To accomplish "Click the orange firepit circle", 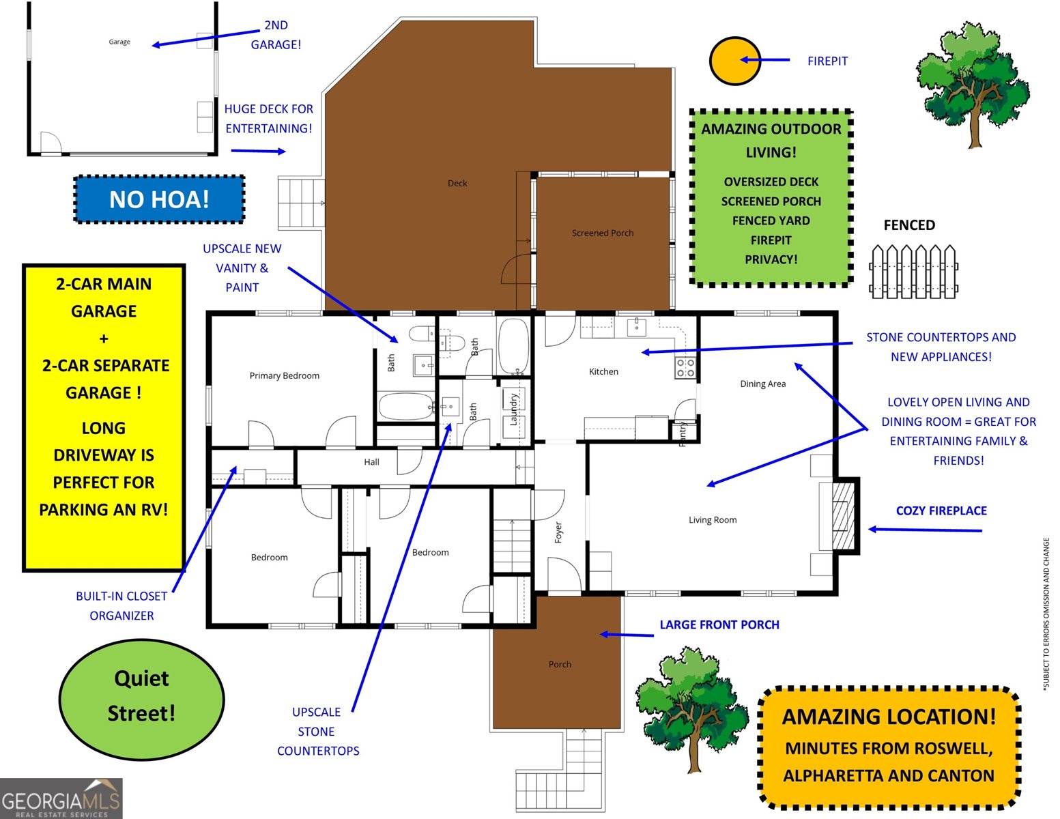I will click(x=734, y=61).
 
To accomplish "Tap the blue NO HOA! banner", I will click(x=159, y=199).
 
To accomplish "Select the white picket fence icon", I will click(x=914, y=272).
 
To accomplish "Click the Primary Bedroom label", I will click(x=284, y=375).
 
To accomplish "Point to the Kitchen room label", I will click(x=603, y=371).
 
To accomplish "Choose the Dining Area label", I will click(x=762, y=384).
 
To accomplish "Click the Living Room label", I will click(x=713, y=520).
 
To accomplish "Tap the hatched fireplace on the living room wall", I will click(x=844, y=515).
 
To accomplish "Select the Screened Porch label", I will click(x=603, y=233).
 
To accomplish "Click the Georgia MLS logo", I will click(x=61, y=799).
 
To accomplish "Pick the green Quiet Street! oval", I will click(x=141, y=696).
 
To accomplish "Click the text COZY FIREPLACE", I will click(x=941, y=511).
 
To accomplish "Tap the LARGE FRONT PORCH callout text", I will click(x=719, y=624).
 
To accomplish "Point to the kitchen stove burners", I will click(x=685, y=368).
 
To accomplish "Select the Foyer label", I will click(x=558, y=532).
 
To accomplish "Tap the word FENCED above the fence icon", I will click(x=909, y=225).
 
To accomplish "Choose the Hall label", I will click(x=371, y=462).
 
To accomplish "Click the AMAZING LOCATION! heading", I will click(x=889, y=717).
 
